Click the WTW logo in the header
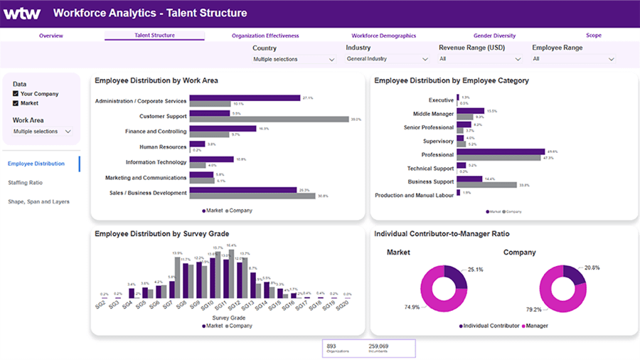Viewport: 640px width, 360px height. (x=22, y=14)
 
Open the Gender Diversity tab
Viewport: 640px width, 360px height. (x=494, y=36)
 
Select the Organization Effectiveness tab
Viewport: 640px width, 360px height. (x=265, y=36)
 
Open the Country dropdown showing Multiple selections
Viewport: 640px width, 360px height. (x=293, y=60)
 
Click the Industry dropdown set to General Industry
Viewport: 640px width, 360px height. (x=387, y=60)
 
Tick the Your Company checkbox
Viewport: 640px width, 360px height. (x=16, y=94)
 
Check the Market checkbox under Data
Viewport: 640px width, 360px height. (x=16, y=103)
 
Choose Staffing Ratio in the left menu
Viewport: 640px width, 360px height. (x=25, y=183)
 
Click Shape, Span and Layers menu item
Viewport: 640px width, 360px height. (x=38, y=201)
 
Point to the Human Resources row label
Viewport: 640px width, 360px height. (x=163, y=147)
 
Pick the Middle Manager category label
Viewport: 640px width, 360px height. (x=433, y=114)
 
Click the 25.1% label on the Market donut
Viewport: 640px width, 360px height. (x=476, y=270)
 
